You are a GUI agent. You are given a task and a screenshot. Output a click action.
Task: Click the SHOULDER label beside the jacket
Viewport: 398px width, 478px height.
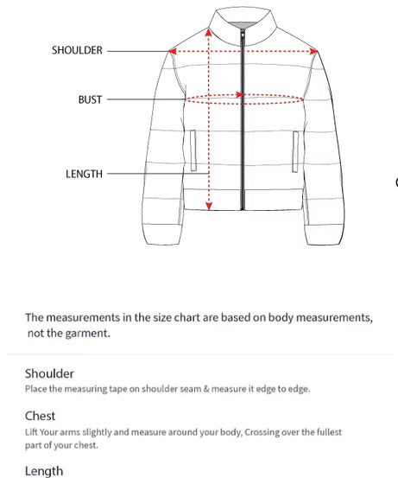coord(77,50)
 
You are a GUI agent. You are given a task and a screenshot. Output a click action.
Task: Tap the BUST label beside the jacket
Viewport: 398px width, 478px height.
coord(90,99)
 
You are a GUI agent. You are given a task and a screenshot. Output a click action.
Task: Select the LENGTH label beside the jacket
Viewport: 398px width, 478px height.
coord(84,174)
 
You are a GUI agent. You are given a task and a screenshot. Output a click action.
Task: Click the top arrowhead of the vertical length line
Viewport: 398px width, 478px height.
coord(209,31)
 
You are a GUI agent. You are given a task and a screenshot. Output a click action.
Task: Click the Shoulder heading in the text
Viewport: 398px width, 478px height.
coord(49,373)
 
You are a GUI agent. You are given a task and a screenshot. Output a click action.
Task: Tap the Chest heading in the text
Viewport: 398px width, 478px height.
coord(41,416)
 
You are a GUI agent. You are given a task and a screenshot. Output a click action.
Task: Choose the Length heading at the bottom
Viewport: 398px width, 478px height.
coord(43,471)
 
